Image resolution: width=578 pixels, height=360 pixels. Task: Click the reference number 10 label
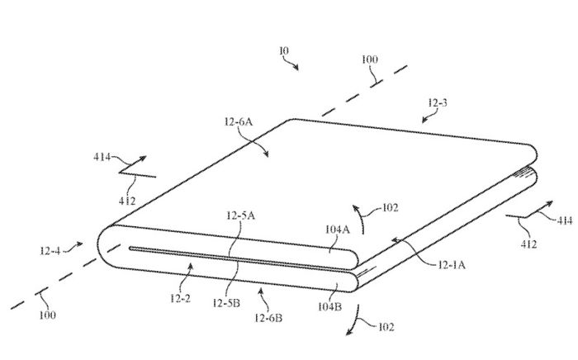(283, 51)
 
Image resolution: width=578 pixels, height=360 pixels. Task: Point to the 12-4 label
(50, 246)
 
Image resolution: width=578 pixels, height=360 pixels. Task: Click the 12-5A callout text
(239, 216)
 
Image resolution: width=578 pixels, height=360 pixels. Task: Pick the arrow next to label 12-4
(76, 244)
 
